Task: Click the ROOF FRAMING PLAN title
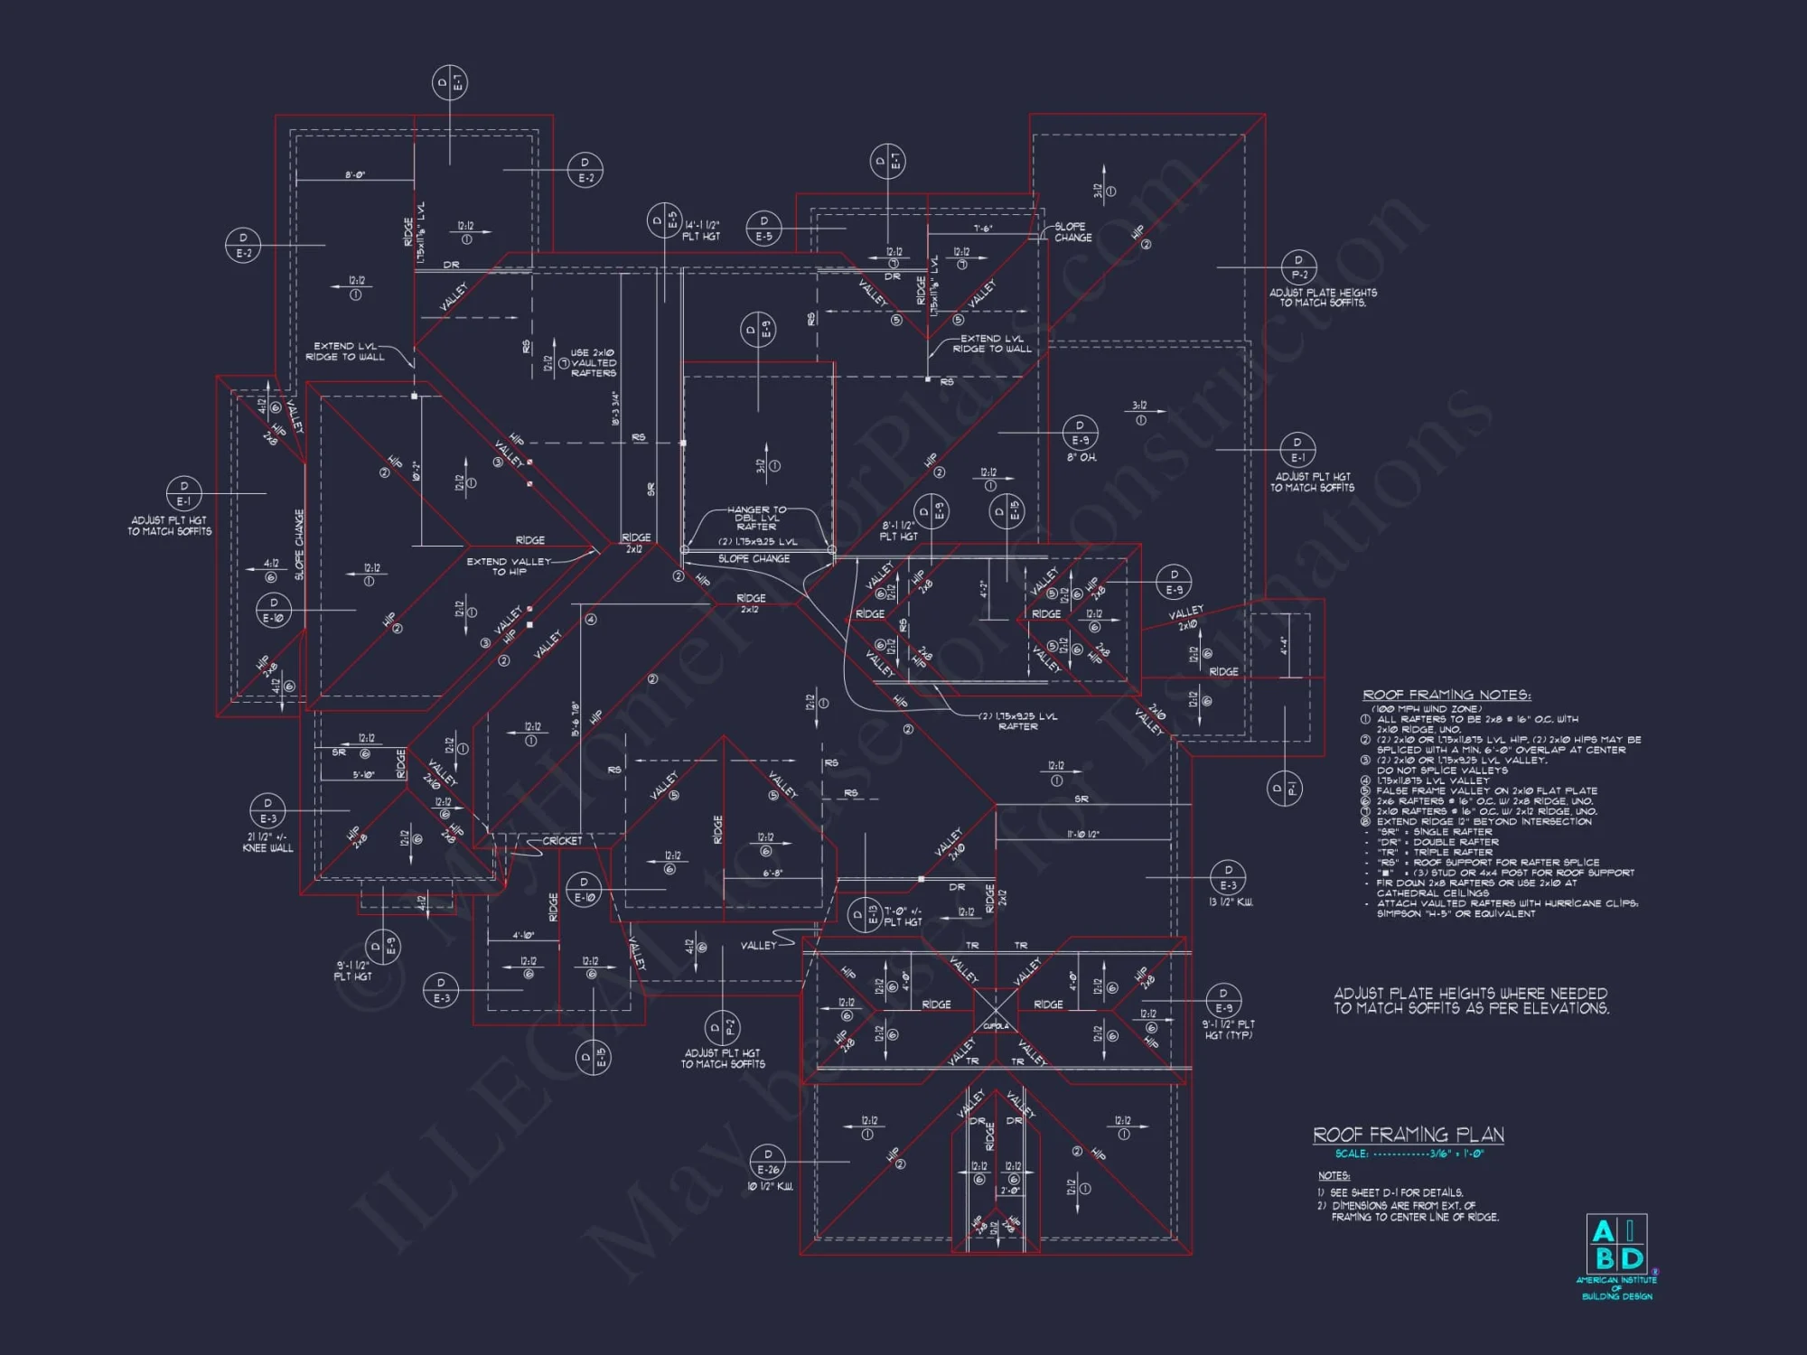pyautogui.click(x=1408, y=1135)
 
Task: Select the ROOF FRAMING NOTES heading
pyautogui.click(x=1446, y=695)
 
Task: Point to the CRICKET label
pyautogui.click(x=562, y=841)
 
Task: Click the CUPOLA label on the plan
pyautogui.click(x=996, y=1026)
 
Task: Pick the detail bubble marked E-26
pyautogui.click(x=768, y=1162)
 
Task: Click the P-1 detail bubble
pyautogui.click(x=1284, y=789)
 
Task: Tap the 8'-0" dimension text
pyautogui.click(x=354, y=175)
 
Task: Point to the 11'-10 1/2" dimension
pyautogui.click(x=1082, y=835)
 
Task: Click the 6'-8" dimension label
pyautogui.click(x=772, y=874)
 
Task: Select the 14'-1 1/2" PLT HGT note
pyautogui.click(x=701, y=230)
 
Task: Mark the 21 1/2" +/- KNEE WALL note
pyautogui.click(x=267, y=842)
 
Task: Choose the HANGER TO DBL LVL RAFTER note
pyautogui.click(x=757, y=518)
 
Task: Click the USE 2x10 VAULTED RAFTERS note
pyautogui.click(x=593, y=362)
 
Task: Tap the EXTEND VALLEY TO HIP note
pyautogui.click(x=509, y=566)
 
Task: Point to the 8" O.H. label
pyautogui.click(x=1081, y=458)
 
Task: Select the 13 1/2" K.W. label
pyautogui.click(x=1230, y=902)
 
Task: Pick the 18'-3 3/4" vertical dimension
pyautogui.click(x=615, y=408)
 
